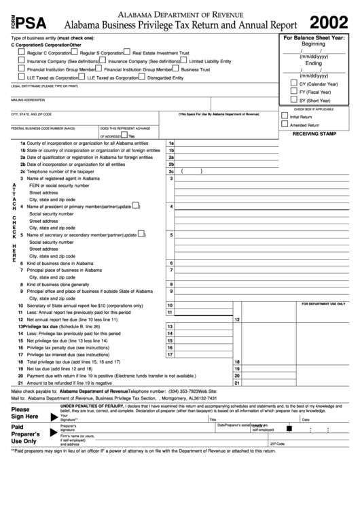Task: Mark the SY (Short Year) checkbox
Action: coord(293,100)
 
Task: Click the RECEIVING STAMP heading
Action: coord(314,135)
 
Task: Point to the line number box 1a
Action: coord(171,143)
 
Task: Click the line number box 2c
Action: coord(171,172)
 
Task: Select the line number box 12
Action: coord(237,319)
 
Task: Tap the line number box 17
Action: coord(170,354)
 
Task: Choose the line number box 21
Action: coord(237,383)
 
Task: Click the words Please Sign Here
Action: coord(24,413)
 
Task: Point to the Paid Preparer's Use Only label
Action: coord(24,434)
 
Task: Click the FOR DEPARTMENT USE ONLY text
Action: coord(323,304)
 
